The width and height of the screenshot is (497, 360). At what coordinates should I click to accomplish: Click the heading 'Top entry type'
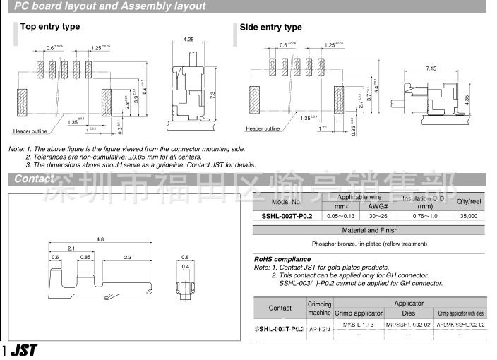[x=50, y=27]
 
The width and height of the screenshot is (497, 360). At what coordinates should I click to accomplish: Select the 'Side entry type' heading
[x=270, y=28]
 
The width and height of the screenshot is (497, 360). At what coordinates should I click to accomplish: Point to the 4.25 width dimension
[x=188, y=40]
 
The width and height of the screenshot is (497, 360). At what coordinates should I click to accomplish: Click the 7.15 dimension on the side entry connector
[x=431, y=68]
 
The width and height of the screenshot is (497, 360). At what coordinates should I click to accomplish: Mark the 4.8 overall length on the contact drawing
[x=100, y=240]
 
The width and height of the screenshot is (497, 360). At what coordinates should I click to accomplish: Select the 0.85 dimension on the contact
[x=85, y=257]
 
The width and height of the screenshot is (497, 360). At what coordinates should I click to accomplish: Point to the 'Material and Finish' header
[x=369, y=230]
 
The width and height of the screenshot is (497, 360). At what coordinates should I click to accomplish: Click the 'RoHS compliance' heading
[x=282, y=259]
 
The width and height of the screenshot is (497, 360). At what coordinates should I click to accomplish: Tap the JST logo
[x=23, y=350]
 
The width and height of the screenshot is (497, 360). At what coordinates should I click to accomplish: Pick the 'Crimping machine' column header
[x=320, y=308]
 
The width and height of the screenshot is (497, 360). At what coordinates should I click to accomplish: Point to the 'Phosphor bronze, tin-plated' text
[x=369, y=244]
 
